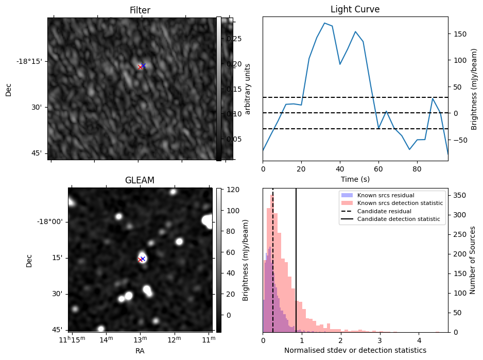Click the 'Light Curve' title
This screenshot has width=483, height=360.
click(355, 10)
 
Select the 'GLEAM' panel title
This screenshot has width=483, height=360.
click(140, 180)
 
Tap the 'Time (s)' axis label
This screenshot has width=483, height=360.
click(355, 179)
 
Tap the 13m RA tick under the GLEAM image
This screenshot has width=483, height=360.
click(140, 339)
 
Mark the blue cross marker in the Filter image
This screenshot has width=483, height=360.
click(144, 65)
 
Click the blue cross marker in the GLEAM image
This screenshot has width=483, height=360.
click(143, 259)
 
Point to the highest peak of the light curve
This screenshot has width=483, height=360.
click(324, 23)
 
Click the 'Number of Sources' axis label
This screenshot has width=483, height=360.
click(473, 260)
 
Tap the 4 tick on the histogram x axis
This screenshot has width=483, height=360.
click(419, 340)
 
